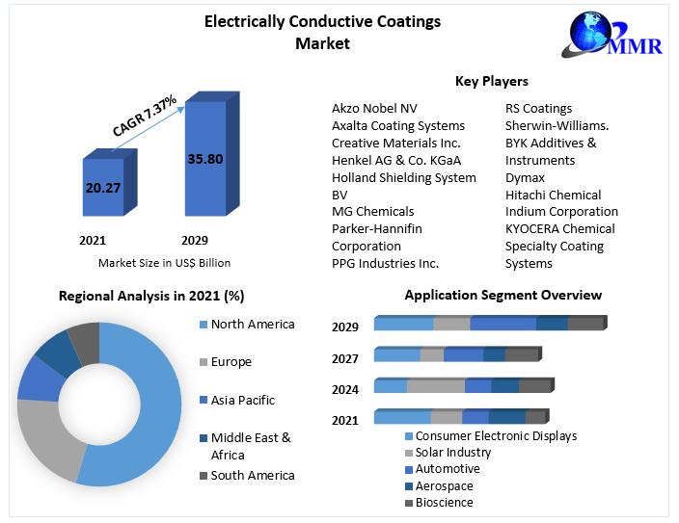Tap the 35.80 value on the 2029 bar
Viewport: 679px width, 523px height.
click(204, 158)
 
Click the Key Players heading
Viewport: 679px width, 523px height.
click(491, 82)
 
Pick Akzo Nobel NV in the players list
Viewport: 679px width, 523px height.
click(374, 108)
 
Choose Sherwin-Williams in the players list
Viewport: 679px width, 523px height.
click(557, 125)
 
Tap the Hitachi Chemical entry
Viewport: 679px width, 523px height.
click(553, 195)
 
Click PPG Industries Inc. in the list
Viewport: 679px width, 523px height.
click(385, 263)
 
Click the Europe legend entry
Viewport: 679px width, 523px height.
click(231, 362)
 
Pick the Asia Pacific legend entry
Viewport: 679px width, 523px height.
click(242, 400)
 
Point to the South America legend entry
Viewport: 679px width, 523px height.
click(253, 475)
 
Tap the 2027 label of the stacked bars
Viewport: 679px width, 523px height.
click(345, 358)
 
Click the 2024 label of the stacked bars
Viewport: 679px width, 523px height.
click(345, 389)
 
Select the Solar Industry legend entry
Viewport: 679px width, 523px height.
click(452, 453)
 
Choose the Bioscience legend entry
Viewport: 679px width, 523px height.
click(444, 503)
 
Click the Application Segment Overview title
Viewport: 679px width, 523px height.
click(502, 295)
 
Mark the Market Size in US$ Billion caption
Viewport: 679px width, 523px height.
click(164, 263)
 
